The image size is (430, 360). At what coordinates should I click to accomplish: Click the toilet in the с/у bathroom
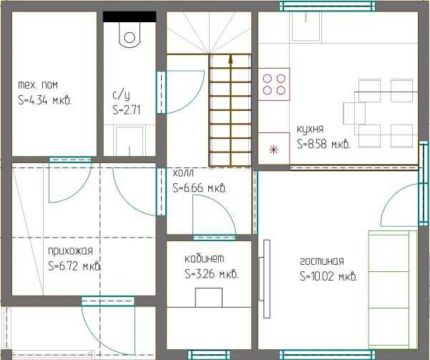pos(130,35)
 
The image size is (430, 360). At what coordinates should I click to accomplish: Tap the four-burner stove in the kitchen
pos(274,84)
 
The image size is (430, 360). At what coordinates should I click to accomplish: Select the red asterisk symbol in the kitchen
pos(273,150)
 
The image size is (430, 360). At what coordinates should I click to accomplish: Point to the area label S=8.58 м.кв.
pos(324,144)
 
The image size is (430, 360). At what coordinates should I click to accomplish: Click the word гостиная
pos(322,261)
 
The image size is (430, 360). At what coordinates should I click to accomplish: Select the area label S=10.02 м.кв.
pos(328,276)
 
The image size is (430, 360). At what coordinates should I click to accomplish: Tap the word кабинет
pos(205,258)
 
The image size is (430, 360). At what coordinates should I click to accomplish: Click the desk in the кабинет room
pos(209,298)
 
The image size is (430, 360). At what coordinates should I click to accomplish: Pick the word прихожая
pos(71,251)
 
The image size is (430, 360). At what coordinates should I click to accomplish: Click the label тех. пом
pos(38,85)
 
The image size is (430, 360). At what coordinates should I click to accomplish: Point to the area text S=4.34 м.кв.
pos(45,100)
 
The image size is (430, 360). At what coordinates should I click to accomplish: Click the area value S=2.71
pos(127,110)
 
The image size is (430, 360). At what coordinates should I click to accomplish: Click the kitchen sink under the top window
pos(306,26)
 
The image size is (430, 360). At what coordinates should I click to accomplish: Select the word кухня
pos(311,130)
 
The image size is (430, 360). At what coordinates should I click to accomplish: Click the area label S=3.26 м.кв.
pos(212,274)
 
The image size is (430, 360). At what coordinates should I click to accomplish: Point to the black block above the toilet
pos(130,16)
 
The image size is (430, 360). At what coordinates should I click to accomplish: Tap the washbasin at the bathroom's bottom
pos(130,141)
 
